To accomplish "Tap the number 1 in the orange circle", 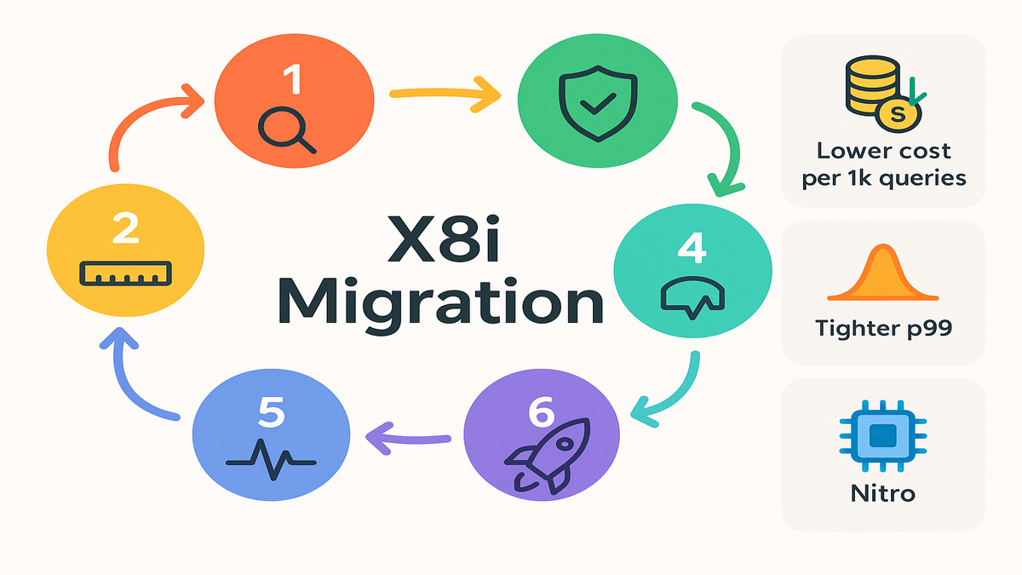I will pos(292,82).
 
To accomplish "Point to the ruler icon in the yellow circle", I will pos(125,273).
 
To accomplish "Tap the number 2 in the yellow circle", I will pos(125,229).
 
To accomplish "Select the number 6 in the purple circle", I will pos(542,414).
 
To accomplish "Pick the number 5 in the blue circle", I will pos(271,415).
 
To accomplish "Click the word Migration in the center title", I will pos(440,303).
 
